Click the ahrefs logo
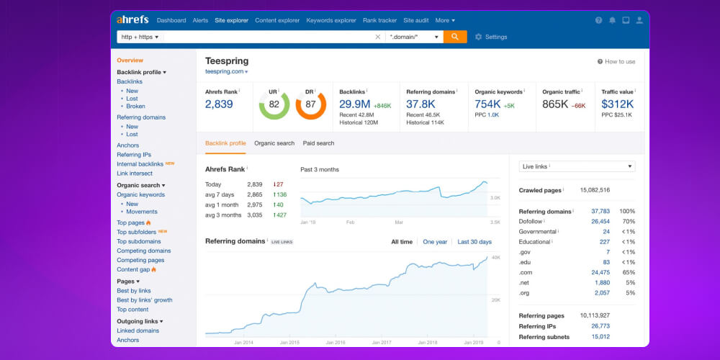[x=133, y=20]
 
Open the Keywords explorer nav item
[x=331, y=20]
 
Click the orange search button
[x=455, y=37]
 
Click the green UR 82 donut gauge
[x=274, y=104]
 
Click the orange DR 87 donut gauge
[x=310, y=104]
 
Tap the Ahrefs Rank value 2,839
[x=219, y=104]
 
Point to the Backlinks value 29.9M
[x=355, y=104]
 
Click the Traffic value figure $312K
[x=617, y=104]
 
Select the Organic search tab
[x=274, y=143]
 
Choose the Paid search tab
[x=318, y=143]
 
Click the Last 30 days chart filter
[x=474, y=242]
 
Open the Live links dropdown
[x=577, y=166]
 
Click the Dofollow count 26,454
[x=600, y=222]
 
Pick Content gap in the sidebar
[x=133, y=269]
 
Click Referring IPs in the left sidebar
[x=134, y=155]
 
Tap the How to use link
[x=616, y=62]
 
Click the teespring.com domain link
[x=225, y=72]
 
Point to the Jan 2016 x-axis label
[x=336, y=343]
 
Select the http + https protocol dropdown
[x=140, y=37]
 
